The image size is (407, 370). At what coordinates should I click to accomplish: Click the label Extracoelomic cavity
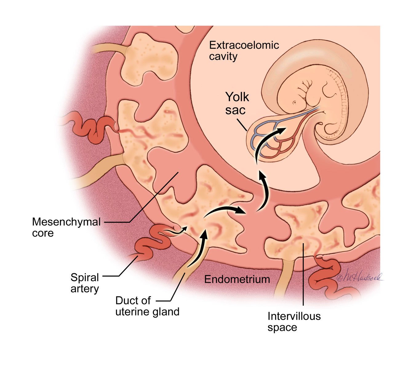[244, 51]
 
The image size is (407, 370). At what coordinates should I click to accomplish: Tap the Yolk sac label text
[237, 103]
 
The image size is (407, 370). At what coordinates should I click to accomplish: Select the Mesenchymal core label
[66, 227]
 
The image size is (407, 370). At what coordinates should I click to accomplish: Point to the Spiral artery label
[85, 283]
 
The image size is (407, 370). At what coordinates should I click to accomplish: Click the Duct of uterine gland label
[147, 306]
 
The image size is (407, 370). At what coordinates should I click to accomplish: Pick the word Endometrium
[237, 279]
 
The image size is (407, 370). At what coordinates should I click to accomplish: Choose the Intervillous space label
[294, 322]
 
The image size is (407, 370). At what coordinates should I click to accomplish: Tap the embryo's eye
[294, 103]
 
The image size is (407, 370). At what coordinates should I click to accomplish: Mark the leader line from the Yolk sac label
[242, 125]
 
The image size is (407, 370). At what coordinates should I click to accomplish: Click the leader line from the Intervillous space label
[303, 274]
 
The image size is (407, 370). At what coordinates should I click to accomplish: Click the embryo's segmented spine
[338, 102]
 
